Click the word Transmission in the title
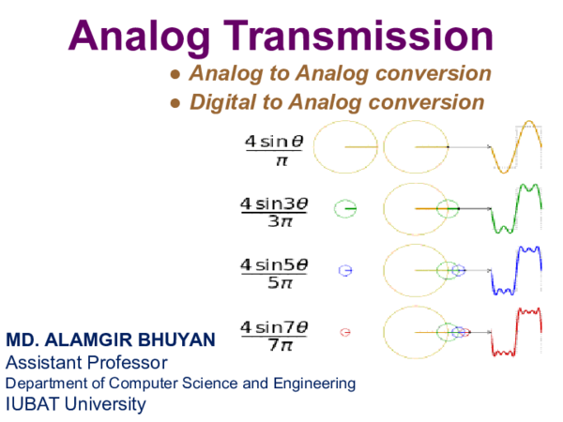pyautogui.click(x=366, y=37)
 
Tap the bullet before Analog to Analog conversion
pyautogui.click(x=175, y=75)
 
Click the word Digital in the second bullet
pyautogui.click(x=222, y=102)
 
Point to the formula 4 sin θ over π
pyautogui.click(x=274, y=151)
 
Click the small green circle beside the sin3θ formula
pyautogui.click(x=345, y=208)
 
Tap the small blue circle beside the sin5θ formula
pyautogui.click(x=345, y=270)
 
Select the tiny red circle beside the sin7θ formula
pyautogui.click(x=345, y=331)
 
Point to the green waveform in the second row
pyautogui.click(x=518, y=208)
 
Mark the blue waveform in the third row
pyautogui.click(x=518, y=270)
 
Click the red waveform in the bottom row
pyautogui.click(x=518, y=331)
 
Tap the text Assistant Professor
pyautogui.click(x=86, y=362)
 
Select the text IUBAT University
pyautogui.click(x=76, y=404)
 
